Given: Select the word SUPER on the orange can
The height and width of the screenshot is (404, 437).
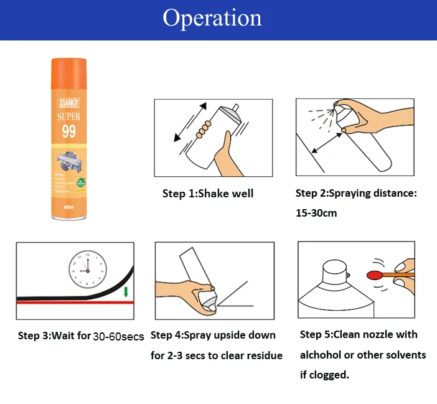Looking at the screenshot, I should [68, 116].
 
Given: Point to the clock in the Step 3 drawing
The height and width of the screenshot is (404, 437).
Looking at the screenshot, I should [87, 268].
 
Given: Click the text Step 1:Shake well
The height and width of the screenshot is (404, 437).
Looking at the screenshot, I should [208, 194].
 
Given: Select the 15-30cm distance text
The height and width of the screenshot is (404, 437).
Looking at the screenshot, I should [316, 213].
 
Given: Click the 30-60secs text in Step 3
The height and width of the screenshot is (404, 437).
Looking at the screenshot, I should [118, 337].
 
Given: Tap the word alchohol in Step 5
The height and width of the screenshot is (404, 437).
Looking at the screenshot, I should [322, 355].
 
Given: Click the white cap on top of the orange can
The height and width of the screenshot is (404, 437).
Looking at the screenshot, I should [68, 61].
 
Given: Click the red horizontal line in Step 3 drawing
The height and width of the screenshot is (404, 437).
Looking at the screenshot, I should [75, 303].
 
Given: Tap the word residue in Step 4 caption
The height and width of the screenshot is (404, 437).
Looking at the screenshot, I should [265, 356].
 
